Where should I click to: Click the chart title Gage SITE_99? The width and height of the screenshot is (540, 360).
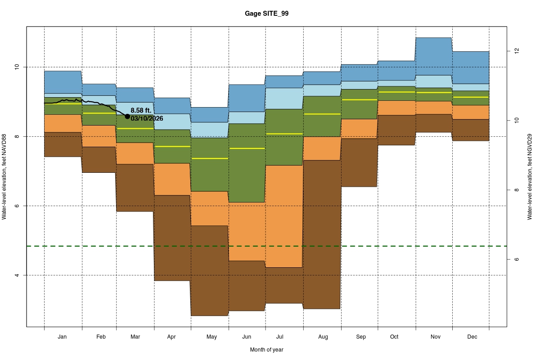coord(267,13)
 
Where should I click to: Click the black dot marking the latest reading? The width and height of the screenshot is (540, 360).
coord(127,117)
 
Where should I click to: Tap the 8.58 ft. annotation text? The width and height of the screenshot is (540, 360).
coord(141,110)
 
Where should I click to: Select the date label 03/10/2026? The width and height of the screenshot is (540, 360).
coord(147,118)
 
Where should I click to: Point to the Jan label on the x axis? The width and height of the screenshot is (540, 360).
coord(63,337)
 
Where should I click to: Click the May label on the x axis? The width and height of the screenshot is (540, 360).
coord(211,337)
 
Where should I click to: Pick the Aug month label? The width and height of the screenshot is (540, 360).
coord(323,337)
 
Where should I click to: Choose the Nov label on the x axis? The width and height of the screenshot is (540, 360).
coord(435,337)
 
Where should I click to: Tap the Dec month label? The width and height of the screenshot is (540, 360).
coord(472,337)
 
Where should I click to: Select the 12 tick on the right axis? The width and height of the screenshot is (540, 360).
coord(517,51)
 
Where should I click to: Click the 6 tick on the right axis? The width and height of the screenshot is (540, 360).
coord(517,259)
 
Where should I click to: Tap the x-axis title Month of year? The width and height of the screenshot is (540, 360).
coord(267,350)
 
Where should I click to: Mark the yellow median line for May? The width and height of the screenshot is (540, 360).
coord(210,158)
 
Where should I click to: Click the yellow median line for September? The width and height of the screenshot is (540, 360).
coord(359,99)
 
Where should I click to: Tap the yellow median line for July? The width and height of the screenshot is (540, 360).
coord(283,134)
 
